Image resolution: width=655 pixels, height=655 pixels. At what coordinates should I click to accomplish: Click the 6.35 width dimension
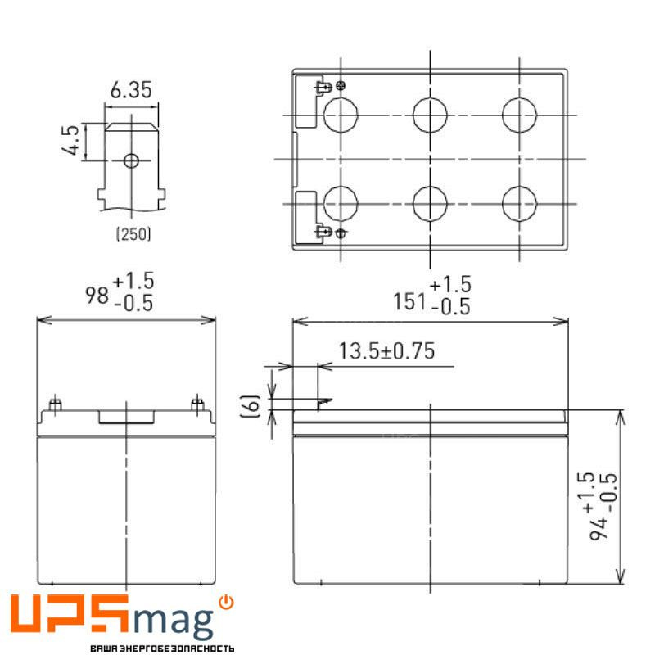(130, 91)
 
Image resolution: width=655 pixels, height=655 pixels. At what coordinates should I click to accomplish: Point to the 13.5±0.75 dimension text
(386, 352)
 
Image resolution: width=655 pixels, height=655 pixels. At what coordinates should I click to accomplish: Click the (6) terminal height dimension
(255, 403)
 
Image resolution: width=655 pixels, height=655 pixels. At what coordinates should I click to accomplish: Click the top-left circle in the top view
(341, 115)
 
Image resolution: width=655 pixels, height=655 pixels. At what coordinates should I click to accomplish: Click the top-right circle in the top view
(520, 115)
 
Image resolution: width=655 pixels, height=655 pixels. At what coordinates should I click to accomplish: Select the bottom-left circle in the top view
(341, 203)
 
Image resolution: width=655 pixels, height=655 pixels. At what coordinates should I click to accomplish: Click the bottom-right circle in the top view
(520, 203)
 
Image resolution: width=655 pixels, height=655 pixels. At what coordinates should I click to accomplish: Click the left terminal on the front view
(56, 404)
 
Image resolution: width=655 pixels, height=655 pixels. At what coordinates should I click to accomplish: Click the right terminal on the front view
(196, 404)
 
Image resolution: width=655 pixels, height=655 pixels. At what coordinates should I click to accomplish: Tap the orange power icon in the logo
(227, 603)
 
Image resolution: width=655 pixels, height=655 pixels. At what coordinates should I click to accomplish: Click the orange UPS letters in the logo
(70, 616)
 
